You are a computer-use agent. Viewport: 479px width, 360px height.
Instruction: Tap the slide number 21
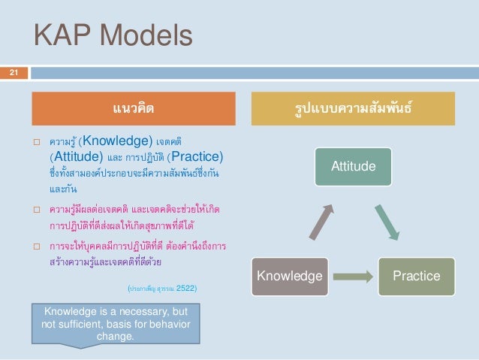coord(13,72)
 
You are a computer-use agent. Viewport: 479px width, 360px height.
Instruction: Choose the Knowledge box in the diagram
coord(289,276)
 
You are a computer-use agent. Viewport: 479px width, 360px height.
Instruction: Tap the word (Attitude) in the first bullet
coord(76,157)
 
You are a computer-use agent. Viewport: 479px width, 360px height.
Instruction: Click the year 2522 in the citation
coord(185,286)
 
